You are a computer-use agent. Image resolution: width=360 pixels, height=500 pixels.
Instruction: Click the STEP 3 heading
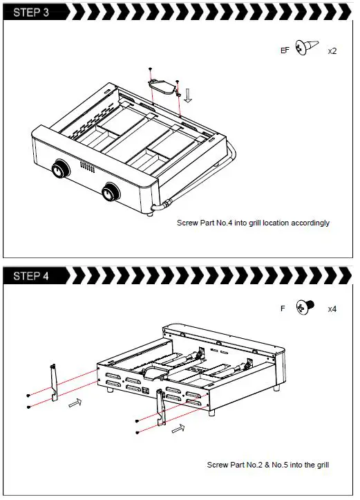click(x=31, y=12)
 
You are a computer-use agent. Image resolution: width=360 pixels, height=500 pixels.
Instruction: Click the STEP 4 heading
click(x=31, y=276)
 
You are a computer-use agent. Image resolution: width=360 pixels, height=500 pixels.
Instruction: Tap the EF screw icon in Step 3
click(x=307, y=47)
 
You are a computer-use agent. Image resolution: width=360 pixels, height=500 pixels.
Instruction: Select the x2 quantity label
click(x=332, y=51)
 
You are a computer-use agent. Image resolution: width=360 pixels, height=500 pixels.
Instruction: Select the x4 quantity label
click(x=332, y=309)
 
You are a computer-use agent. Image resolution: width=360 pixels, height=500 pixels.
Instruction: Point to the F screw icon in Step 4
click(x=305, y=307)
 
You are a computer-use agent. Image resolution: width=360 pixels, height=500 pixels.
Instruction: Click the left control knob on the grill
click(x=59, y=168)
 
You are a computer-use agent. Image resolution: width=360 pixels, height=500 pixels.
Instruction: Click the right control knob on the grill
click(x=111, y=192)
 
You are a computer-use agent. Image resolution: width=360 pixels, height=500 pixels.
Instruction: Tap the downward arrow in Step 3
click(x=188, y=96)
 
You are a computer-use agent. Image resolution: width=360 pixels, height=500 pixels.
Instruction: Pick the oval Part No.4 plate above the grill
click(x=162, y=86)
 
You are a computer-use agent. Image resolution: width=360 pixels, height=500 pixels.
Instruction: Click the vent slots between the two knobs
click(x=87, y=167)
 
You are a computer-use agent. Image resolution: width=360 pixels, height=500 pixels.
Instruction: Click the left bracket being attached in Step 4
click(x=54, y=382)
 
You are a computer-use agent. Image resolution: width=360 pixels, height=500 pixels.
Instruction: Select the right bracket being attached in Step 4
click(x=161, y=407)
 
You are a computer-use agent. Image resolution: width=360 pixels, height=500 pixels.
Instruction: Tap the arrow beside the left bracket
click(x=75, y=402)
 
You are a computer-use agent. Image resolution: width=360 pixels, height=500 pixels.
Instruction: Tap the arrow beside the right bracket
click(x=178, y=428)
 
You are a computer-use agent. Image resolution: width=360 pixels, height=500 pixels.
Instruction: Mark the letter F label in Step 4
click(x=283, y=308)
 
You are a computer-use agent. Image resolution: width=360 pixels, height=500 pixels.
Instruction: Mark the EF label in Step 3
click(x=285, y=50)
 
